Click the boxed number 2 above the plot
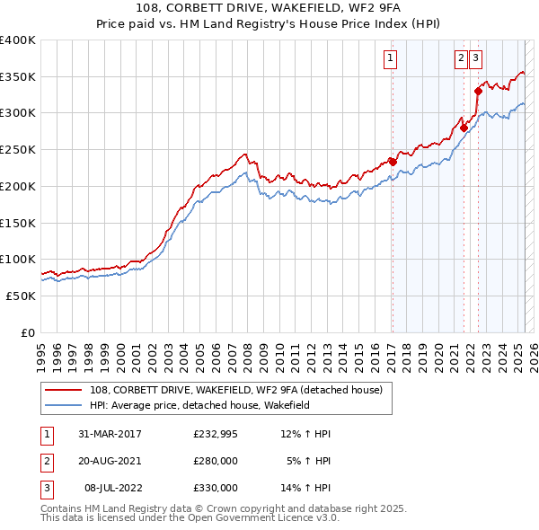click(x=461, y=59)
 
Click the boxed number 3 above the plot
click(x=474, y=59)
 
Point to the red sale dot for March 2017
click(x=393, y=162)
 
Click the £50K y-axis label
click(x=21, y=296)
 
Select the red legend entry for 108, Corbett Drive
click(x=236, y=390)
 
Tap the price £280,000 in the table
click(x=216, y=461)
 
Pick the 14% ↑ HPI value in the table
click(x=306, y=488)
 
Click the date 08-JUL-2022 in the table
click(x=112, y=488)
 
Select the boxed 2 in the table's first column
click(x=46, y=461)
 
